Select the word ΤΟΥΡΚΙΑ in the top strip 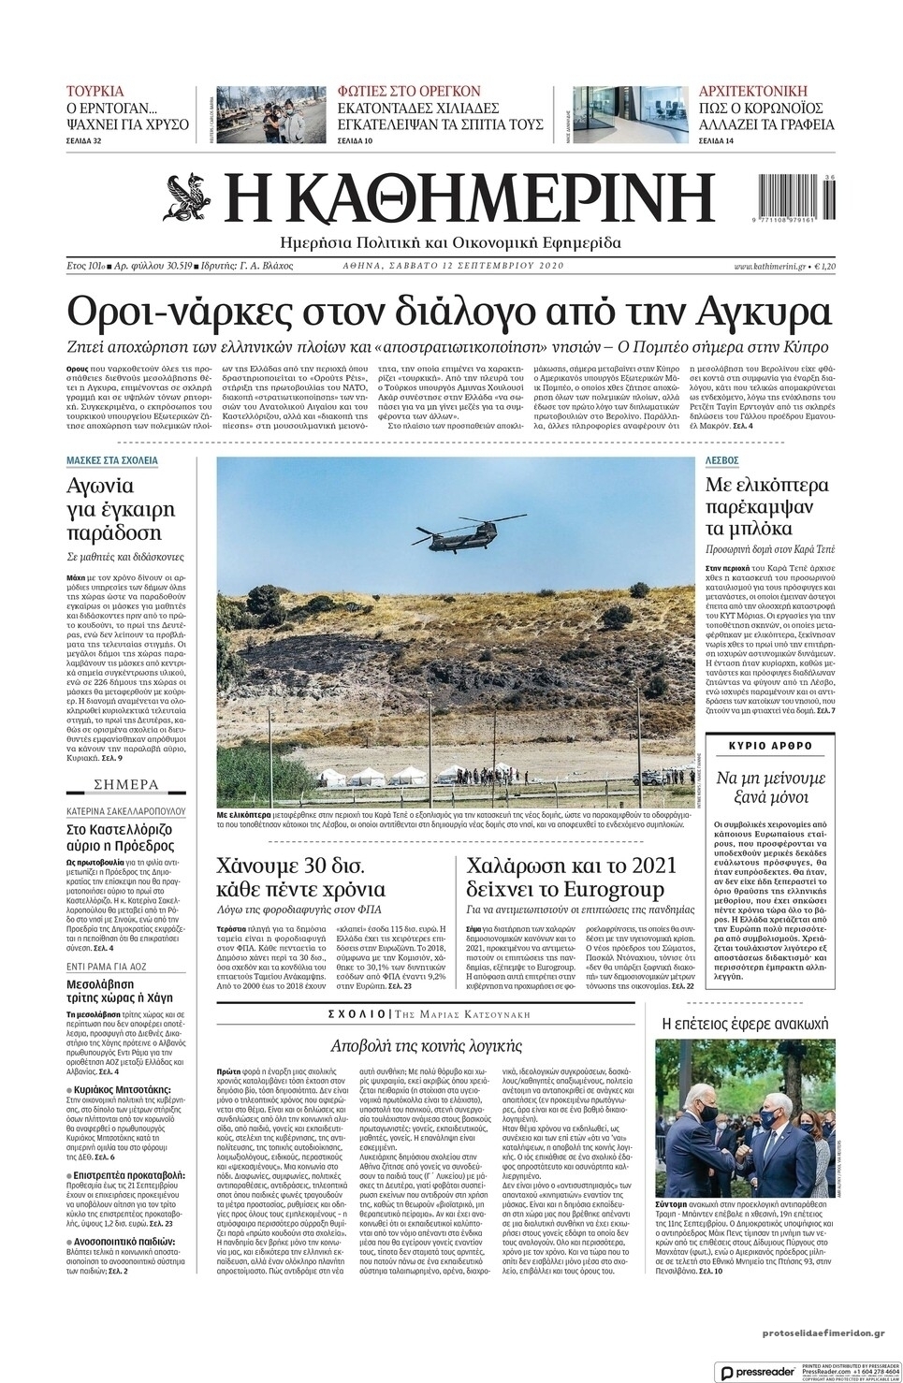coord(95,92)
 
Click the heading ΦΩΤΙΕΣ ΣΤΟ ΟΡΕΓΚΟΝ coord(409,92)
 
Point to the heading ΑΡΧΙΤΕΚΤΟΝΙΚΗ coord(753,92)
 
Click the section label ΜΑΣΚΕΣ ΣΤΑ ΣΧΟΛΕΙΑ coord(112,461)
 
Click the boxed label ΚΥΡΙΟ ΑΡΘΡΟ coord(770,746)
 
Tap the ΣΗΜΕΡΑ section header coord(127,784)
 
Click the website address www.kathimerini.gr coord(770,267)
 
